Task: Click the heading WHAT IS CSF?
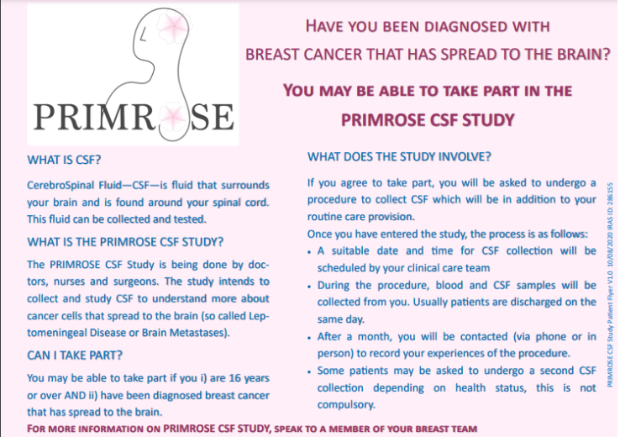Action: pos(64,160)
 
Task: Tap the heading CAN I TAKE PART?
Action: pos(75,355)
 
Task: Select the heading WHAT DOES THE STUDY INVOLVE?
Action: pos(399,156)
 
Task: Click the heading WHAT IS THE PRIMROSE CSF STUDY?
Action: pos(125,242)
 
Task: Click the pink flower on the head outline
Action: pos(173,27)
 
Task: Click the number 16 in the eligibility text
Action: pos(234,378)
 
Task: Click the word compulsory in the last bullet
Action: pos(346,405)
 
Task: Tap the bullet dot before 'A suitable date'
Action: pos(310,252)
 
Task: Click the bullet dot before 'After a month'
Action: pos(310,338)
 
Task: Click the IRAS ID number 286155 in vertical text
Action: pos(611,194)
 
